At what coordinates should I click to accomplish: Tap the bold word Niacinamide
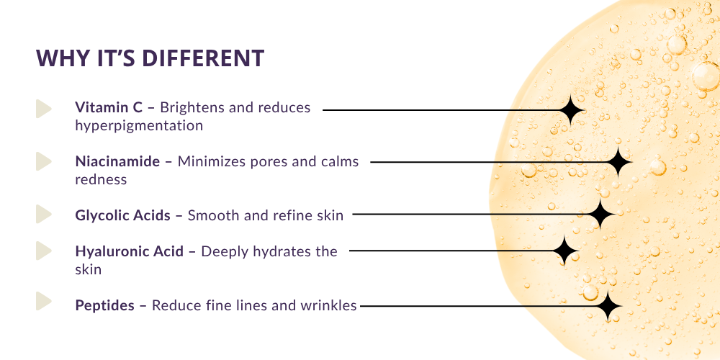tap(117, 161)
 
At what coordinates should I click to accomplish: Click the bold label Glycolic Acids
tap(123, 215)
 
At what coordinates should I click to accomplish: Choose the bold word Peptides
tap(105, 305)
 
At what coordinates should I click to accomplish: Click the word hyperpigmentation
tap(139, 126)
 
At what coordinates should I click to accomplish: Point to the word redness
tap(101, 179)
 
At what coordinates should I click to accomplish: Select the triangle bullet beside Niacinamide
tap(43, 161)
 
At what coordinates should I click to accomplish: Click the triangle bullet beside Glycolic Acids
tap(43, 215)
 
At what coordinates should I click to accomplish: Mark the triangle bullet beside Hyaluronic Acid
tap(43, 251)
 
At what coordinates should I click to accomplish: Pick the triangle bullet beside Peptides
tap(43, 301)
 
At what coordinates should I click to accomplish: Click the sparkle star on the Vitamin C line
tap(570, 110)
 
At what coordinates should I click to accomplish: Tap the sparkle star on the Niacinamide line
tap(617, 162)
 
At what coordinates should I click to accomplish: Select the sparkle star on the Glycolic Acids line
tap(600, 214)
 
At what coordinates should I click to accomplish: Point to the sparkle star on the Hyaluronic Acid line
tap(566, 251)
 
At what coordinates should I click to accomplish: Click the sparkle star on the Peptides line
tap(608, 307)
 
